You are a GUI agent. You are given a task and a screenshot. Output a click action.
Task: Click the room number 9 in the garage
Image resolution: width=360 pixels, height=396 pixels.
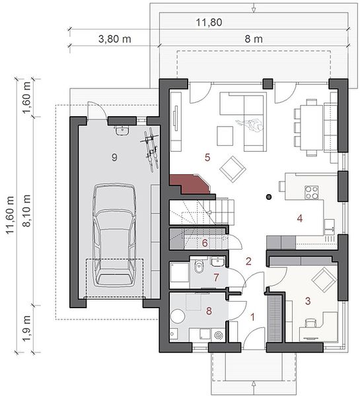click(114, 158)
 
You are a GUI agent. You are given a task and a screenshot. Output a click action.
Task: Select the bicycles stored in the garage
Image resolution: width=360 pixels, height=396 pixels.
click(151, 150)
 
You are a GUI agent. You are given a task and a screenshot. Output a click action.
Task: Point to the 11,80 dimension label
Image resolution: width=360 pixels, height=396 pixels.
click(209, 22)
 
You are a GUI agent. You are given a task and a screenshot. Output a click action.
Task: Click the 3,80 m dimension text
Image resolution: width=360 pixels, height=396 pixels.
click(115, 39)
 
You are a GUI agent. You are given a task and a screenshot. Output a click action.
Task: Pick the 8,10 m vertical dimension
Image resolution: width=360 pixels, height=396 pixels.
click(27, 211)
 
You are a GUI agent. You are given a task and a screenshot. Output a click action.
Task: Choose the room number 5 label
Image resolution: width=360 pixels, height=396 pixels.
click(207, 157)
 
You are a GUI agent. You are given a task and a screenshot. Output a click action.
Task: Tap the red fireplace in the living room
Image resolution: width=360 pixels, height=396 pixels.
click(190, 184)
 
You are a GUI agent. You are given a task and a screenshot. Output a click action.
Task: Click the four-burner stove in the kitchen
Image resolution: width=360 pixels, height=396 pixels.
click(311, 193)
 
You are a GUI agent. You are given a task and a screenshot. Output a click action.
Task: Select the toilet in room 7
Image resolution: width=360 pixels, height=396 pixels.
click(199, 266)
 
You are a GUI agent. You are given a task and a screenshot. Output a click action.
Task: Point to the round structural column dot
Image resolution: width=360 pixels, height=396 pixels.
click(270, 197)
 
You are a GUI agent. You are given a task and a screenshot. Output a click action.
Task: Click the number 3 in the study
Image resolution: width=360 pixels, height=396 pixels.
click(308, 301)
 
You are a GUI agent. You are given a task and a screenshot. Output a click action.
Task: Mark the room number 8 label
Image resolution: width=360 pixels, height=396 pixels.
click(209, 311)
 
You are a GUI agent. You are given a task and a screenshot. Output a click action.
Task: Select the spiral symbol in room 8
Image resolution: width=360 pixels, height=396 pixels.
click(219, 335)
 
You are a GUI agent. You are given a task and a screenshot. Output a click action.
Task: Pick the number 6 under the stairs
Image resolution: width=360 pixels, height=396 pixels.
click(205, 243)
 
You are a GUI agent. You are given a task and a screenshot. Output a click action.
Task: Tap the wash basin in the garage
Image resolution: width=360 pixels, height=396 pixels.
click(123, 131)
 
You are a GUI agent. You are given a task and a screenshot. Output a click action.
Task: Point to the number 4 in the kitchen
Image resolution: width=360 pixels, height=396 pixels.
click(300, 218)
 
